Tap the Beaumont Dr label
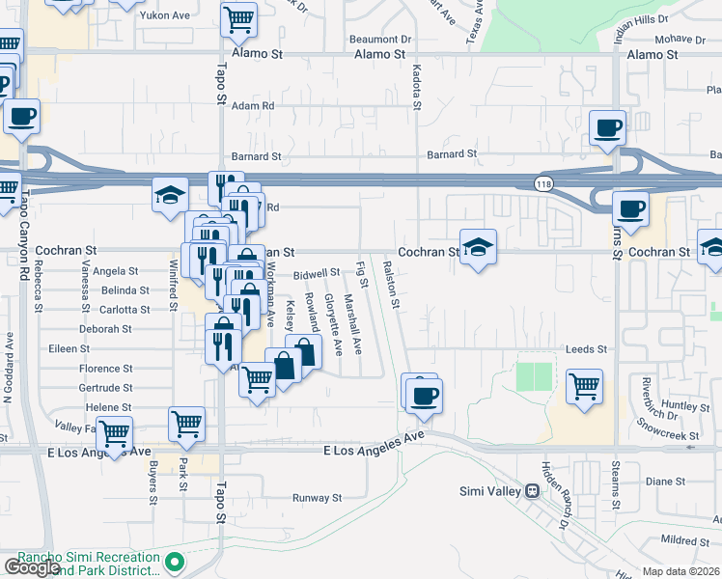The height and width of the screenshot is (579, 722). coord(380,40)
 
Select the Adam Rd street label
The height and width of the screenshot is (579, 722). coord(254,106)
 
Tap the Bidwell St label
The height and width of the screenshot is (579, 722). coord(318,273)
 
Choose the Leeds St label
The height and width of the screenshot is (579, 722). coord(587,349)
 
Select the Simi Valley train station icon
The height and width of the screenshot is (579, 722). coord(531,490)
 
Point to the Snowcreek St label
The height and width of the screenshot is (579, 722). coord(674,436)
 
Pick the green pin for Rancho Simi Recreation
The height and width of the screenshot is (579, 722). coord(175,561)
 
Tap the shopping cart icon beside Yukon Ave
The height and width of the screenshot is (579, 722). coord(238,18)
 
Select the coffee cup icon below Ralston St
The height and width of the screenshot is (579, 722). coord(423,394)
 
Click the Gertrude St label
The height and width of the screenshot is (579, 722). coord(106,388)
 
